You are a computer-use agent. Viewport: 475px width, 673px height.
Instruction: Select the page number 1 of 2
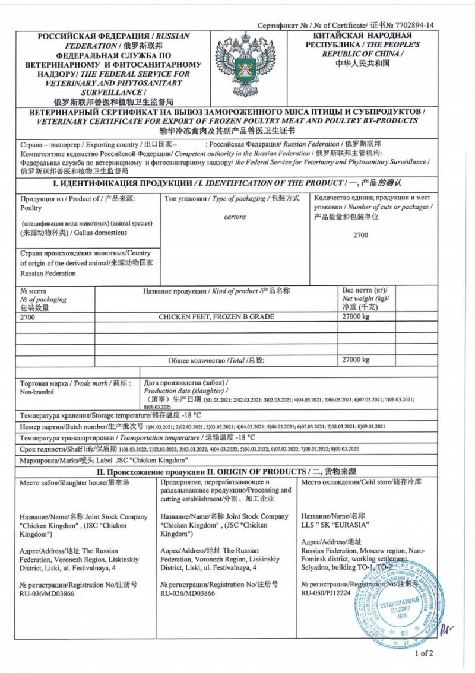(425, 653)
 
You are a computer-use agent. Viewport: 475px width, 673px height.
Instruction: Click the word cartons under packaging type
(235, 217)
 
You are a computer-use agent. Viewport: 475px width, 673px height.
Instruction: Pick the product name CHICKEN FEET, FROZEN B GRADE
(216, 317)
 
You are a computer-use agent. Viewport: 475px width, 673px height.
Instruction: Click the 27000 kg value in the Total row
(356, 360)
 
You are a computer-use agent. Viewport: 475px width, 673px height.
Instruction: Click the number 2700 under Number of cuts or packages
(360, 236)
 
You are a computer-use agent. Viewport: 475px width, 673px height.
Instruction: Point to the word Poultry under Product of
(31, 208)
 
